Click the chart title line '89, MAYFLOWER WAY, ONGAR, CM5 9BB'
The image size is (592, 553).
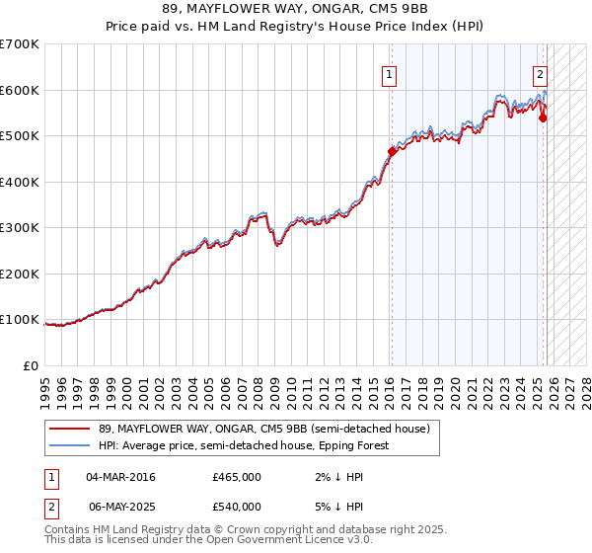(296, 9)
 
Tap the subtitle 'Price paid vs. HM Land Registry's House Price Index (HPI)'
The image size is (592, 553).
(296, 26)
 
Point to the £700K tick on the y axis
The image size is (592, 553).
(20, 44)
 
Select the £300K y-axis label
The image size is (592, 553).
(20, 228)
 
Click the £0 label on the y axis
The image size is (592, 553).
(32, 365)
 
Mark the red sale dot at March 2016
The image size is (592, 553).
(392, 152)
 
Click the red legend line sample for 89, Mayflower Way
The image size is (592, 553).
(70, 430)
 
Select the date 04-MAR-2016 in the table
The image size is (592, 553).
(120, 477)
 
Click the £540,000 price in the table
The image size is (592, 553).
(236, 507)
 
